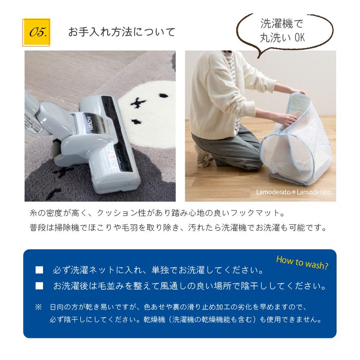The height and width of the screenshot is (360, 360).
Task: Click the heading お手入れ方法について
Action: pos(122,32)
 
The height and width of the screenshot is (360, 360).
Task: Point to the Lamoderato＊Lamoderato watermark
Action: pos(294,192)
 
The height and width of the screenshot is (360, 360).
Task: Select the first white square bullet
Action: pos(39,271)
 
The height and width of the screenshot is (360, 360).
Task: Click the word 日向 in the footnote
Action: pos(55,307)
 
